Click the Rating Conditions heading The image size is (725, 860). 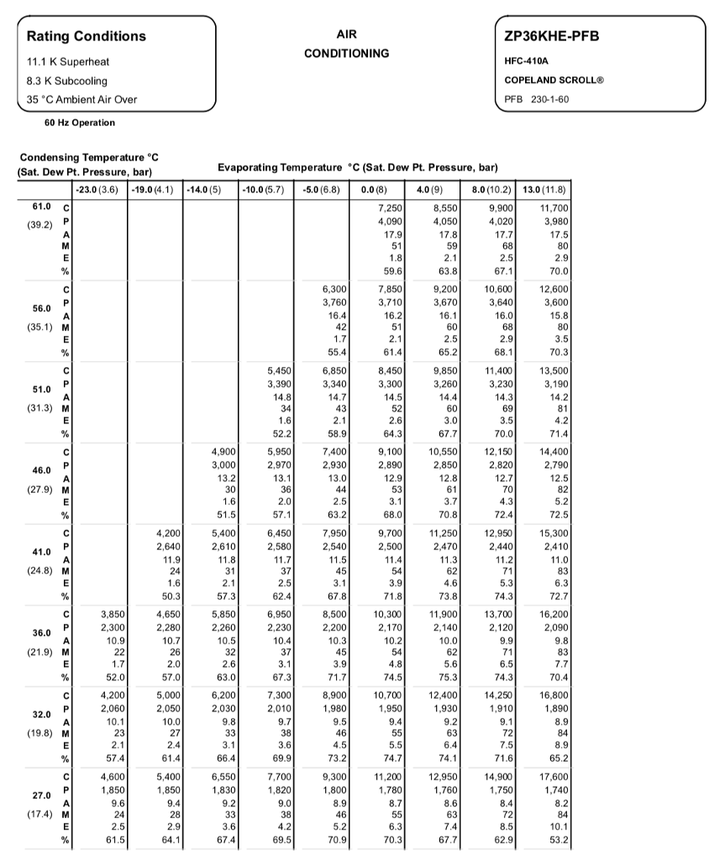pyautogui.click(x=86, y=36)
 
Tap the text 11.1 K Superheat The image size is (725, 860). pyautogui.click(x=68, y=61)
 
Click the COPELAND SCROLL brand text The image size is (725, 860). pyautogui.click(x=554, y=80)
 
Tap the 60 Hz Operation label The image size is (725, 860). pyautogui.click(x=80, y=123)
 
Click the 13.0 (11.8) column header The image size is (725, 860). pyautogui.click(x=544, y=189)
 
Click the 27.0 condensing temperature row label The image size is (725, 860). pyautogui.click(x=41, y=794)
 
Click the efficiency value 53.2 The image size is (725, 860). pyautogui.click(x=557, y=839)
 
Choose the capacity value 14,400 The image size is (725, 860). pyautogui.click(x=553, y=451)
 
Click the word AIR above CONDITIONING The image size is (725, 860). pyautogui.click(x=346, y=35)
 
